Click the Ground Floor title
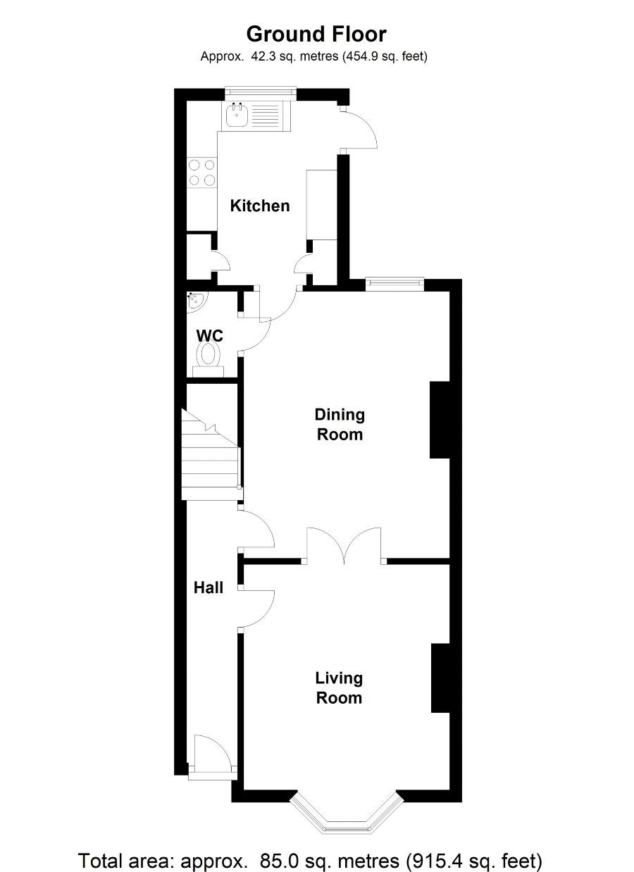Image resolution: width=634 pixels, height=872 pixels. tap(316, 34)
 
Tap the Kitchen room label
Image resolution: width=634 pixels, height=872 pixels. tap(260, 206)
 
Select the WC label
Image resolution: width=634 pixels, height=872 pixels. tap(209, 335)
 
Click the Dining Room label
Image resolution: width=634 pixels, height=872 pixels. tap(340, 424)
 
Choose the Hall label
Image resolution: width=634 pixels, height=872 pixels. tap(209, 587)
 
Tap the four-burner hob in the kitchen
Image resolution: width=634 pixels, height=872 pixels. tap(201, 173)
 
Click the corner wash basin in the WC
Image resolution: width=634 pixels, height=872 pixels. tap(196, 301)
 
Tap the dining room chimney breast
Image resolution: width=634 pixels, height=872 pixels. tap(440, 420)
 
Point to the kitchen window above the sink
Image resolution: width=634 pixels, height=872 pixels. tap(261, 92)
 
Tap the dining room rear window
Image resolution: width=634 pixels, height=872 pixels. tap(394, 284)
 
